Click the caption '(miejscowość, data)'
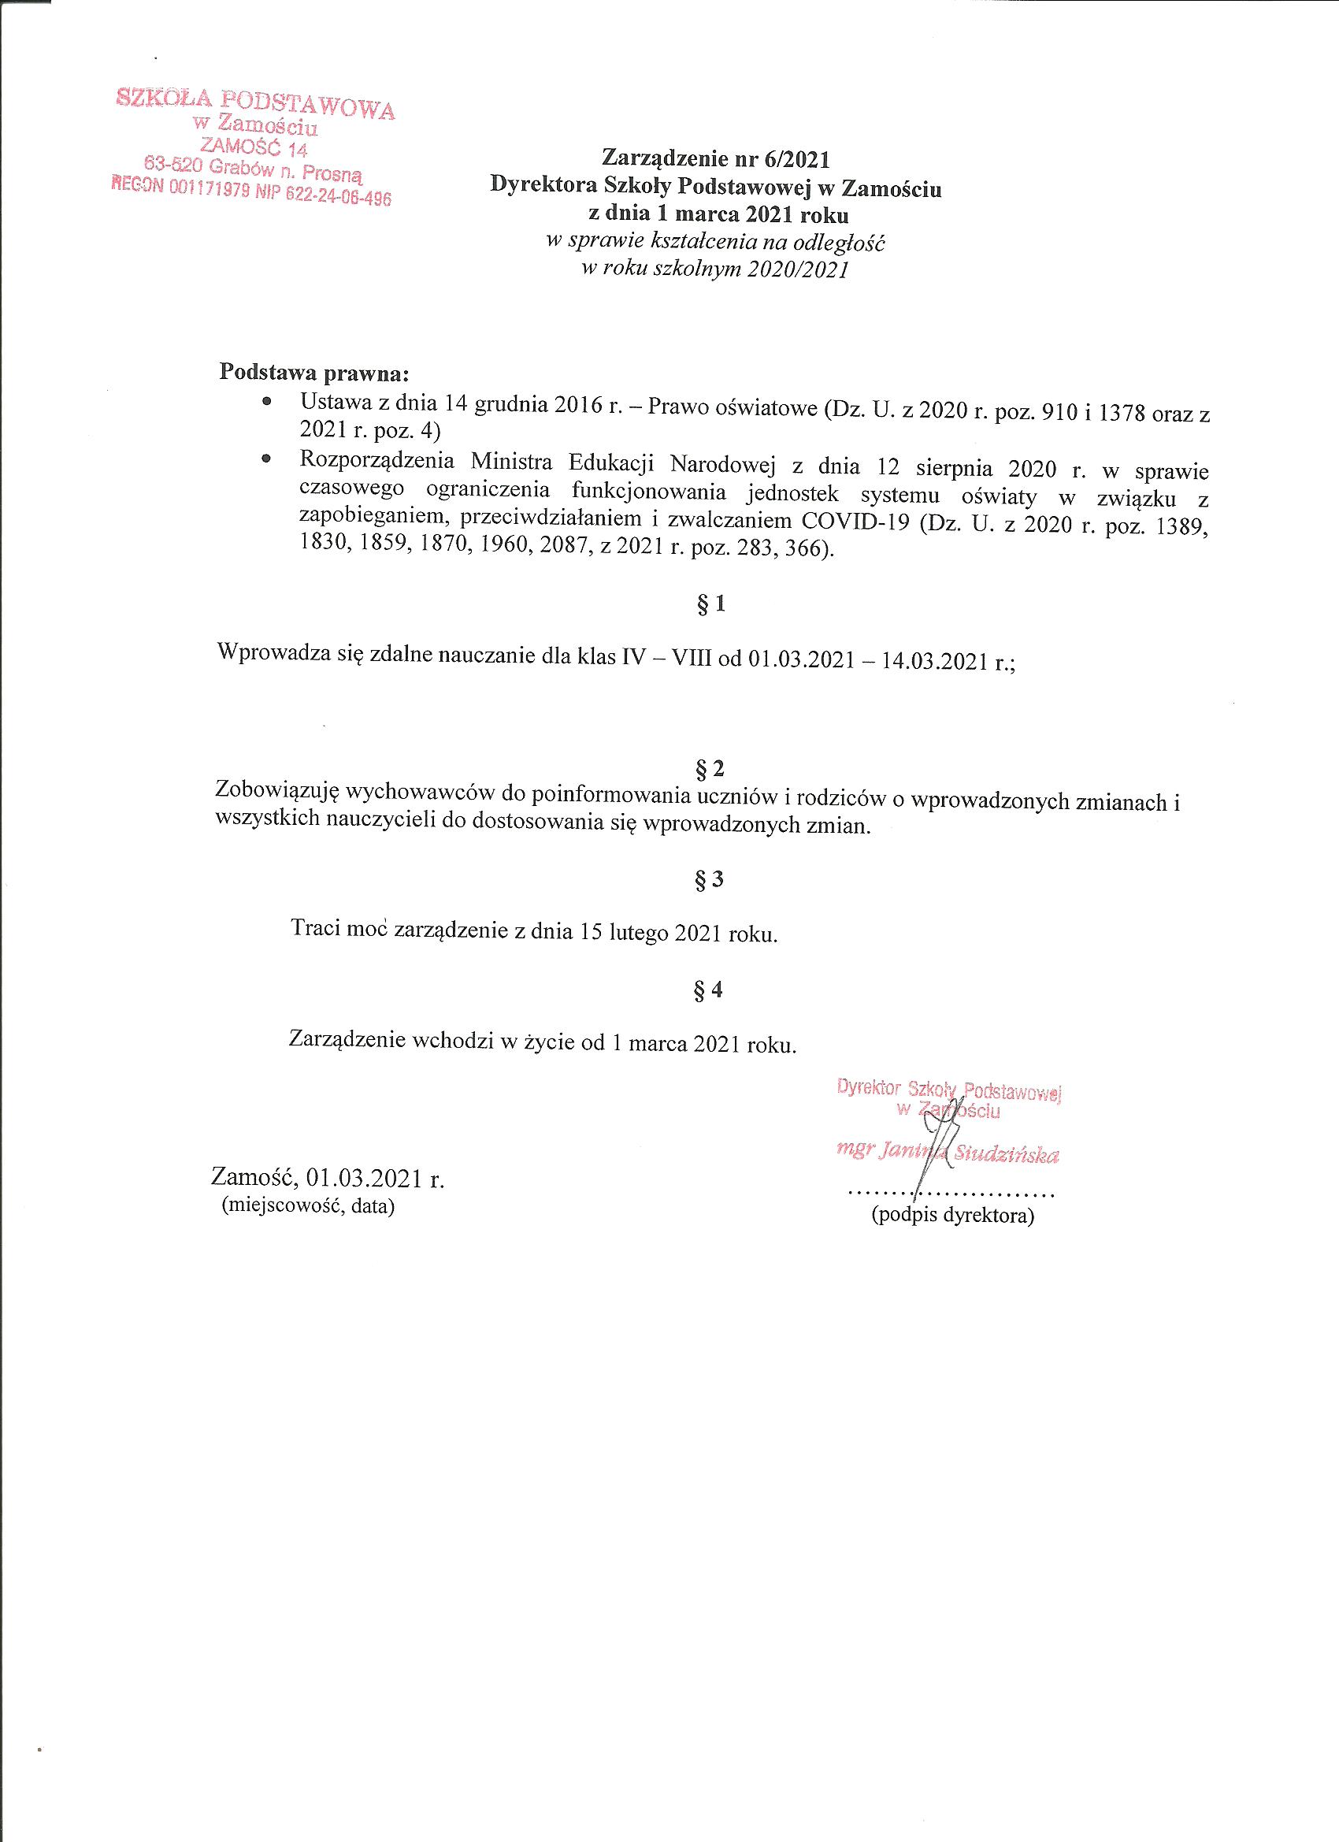click(x=308, y=1207)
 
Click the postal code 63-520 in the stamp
click(x=172, y=164)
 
